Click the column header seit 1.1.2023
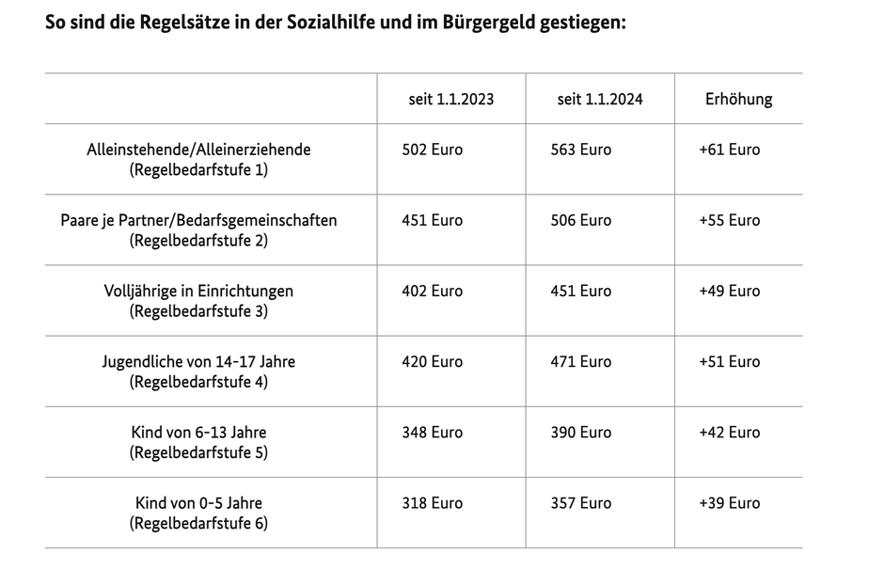[451, 99]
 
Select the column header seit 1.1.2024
[600, 99]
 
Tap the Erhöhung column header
[738, 99]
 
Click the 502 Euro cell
[432, 150]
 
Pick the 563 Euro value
[580, 150]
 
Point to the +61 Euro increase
[730, 150]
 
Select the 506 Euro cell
[580, 220]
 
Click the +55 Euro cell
[730, 220]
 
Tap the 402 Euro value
[432, 291]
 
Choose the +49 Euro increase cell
[730, 291]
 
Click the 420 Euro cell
[432, 362]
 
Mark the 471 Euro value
[580, 362]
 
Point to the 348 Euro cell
[432, 433]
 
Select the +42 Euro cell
[730, 433]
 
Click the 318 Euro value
[432, 503]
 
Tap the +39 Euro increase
[730, 503]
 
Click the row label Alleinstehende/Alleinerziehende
[198, 150]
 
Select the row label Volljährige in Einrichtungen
[198, 292]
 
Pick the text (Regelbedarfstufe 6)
[198, 524]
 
